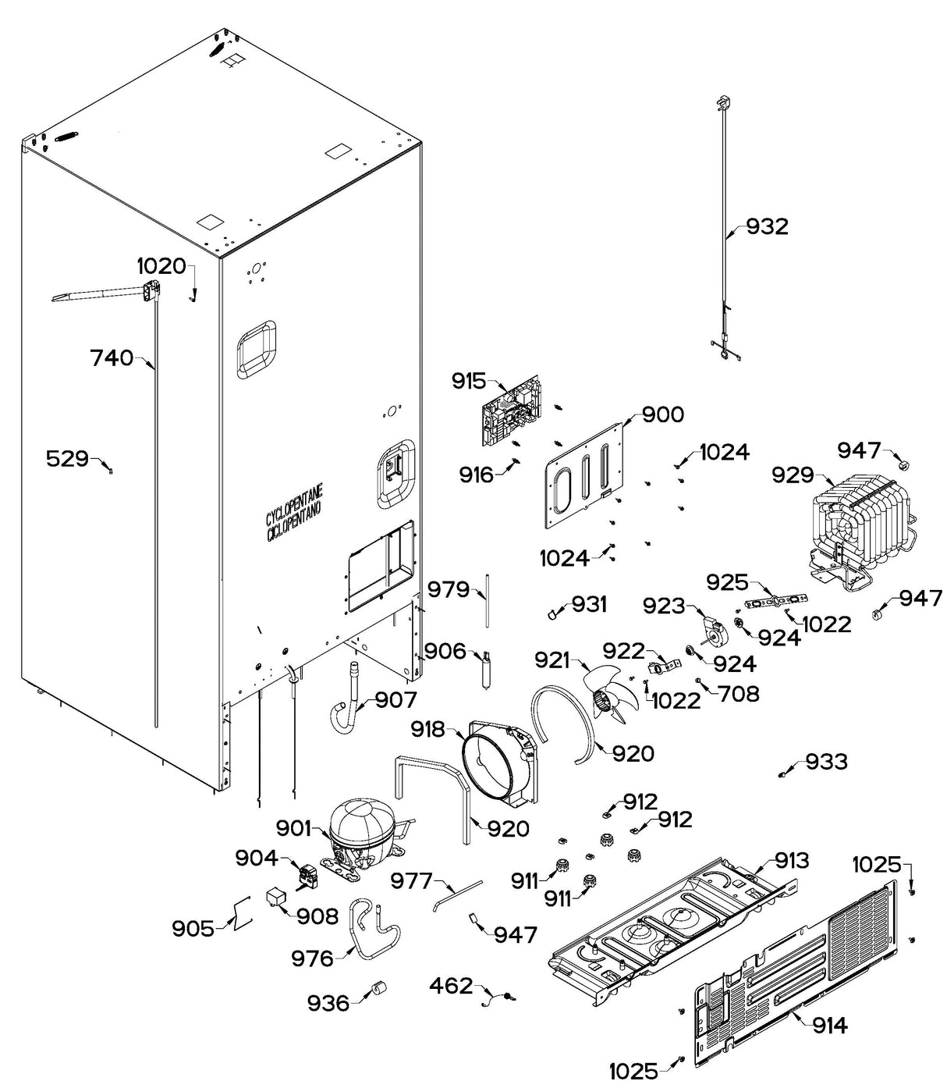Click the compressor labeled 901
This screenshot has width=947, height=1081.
click(364, 831)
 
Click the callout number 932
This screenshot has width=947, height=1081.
click(768, 226)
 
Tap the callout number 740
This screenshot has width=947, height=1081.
click(112, 358)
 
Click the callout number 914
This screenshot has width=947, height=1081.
click(829, 1025)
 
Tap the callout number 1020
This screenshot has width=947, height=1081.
click(161, 266)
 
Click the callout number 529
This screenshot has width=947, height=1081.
click(67, 458)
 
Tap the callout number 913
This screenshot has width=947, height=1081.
click(792, 860)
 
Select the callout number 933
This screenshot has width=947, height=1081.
click(826, 761)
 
